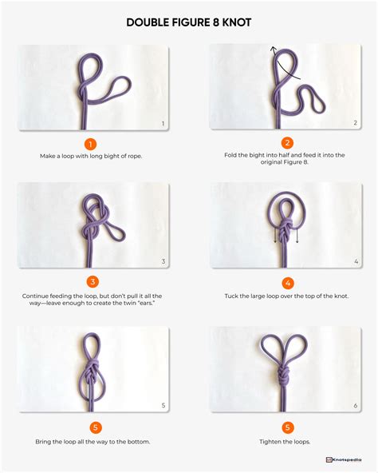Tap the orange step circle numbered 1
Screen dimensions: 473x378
(x=91, y=144)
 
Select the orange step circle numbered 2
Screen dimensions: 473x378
(x=287, y=144)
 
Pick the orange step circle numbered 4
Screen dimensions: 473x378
(x=287, y=282)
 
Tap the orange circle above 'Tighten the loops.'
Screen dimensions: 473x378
(x=287, y=427)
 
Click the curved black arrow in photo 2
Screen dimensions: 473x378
(x=283, y=64)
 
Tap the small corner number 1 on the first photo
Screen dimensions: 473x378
(x=163, y=124)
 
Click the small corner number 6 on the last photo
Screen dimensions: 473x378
(x=355, y=406)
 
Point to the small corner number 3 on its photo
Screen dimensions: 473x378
(x=163, y=261)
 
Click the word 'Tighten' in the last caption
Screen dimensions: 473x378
(x=270, y=442)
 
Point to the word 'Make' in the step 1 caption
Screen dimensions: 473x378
(x=47, y=155)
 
